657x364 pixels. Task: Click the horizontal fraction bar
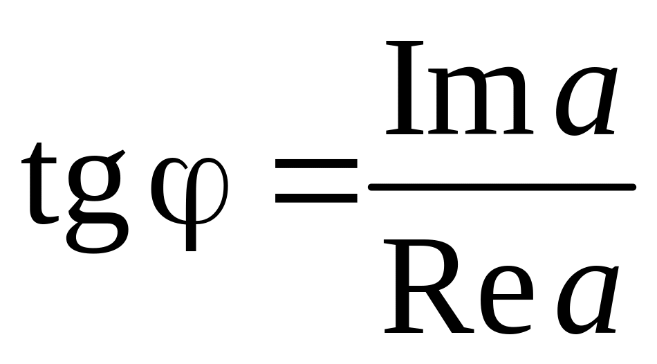(501, 187)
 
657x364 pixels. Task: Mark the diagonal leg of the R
(443, 311)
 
